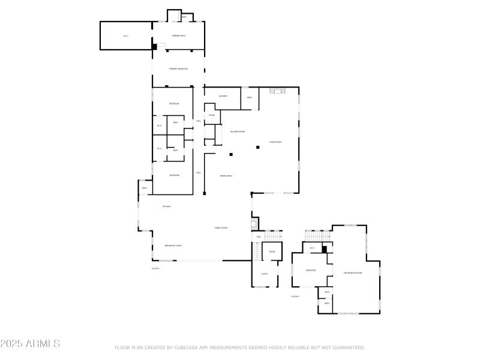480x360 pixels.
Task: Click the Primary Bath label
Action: pos(178,36)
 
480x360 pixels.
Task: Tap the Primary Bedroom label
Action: pos(178,69)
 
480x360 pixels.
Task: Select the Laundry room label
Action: pos(223,96)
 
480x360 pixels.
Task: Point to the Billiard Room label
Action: pos(238,131)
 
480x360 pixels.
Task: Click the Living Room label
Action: pos(275,142)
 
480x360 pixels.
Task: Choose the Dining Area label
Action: pos(226,176)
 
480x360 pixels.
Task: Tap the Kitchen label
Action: pos(166,207)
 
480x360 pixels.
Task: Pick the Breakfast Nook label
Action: pos(173,246)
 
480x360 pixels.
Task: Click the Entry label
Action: pos(265,274)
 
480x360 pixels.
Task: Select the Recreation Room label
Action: pos(353,274)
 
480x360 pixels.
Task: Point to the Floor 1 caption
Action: pos(155,268)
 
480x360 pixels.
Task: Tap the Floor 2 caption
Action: pos(295,296)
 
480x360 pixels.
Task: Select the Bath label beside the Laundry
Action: pos(250,97)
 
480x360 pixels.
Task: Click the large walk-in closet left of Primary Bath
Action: pos(126,36)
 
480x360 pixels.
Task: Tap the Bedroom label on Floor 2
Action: pos(311,271)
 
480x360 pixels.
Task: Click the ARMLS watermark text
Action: pos(30,344)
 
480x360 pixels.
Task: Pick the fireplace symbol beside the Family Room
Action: pos(254,224)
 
